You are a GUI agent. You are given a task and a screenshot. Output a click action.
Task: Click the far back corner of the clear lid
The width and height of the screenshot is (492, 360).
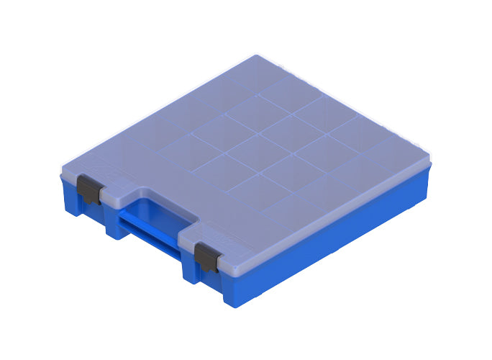tap(257, 58)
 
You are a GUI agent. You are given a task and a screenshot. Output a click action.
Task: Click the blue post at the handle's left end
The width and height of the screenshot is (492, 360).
tap(115, 223)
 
